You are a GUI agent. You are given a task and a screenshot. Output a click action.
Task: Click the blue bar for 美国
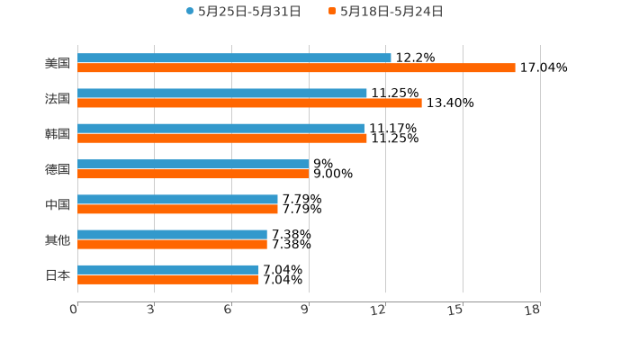click(234, 58)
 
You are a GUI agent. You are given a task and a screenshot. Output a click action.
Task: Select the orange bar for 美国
click(296, 67)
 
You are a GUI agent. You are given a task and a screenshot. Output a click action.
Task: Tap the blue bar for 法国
click(222, 93)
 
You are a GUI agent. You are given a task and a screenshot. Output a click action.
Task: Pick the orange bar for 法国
click(249, 103)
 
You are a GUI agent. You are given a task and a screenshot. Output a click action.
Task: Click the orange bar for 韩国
click(222, 138)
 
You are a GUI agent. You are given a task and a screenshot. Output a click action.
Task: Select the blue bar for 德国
click(193, 164)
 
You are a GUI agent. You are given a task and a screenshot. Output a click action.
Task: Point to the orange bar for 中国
click(177, 209)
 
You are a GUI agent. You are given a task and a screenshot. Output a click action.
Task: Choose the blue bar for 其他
click(172, 234)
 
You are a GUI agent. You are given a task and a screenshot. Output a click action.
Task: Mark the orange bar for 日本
click(168, 279)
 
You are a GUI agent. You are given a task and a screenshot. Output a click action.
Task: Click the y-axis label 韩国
click(58, 133)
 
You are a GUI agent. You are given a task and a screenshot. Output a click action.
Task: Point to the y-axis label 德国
click(58, 169)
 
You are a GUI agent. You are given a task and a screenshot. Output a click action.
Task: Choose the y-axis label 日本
click(58, 274)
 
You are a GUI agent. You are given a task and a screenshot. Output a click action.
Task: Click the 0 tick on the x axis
click(74, 310)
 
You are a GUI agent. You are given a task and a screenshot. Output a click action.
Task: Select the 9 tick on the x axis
click(305, 310)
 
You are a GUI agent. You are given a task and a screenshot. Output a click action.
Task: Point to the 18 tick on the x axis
click(533, 310)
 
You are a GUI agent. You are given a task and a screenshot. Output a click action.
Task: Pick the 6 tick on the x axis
click(228, 310)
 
